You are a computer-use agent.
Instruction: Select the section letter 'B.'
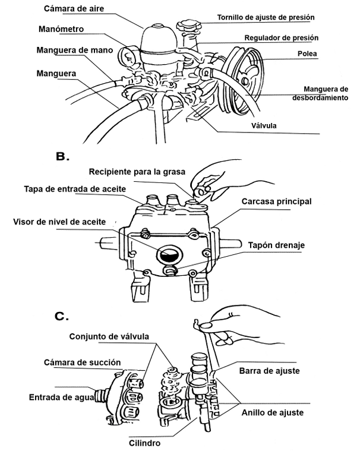click(x=62, y=157)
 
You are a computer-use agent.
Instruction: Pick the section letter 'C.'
click(x=62, y=316)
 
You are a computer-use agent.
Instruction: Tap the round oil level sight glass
click(x=169, y=256)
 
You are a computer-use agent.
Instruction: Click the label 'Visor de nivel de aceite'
click(x=60, y=222)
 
